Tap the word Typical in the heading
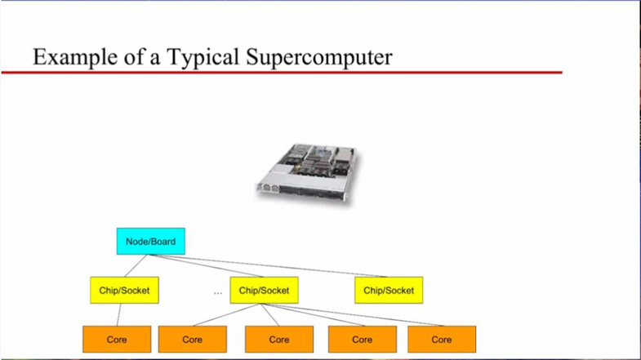pyautogui.click(x=203, y=57)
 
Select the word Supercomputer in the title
pyautogui.click(x=319, y=57)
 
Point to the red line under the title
pyautogui.click(x=282, y=73)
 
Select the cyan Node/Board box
pyautogui.click(x=151, y=241)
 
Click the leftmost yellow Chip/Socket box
pyautogui.click(x=124, y=290)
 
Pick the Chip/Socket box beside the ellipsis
pyautogui.click(x=264, y=290)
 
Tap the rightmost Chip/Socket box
pyautogui.click(x=389, y=290)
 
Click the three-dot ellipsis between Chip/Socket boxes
pyautogui.click(x=218, y=293)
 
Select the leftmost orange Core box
pyautogui.click(x=117, y=339)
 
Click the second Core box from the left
pyautogui.click(x=193, y=339)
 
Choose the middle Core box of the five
pyautogui.click(x=279, y=339)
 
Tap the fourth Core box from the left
pyautogui.click(x=363, y=339)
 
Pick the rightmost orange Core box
pyautogui.click(x=442, y=339)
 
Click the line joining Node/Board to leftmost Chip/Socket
pyautogui.click(x=136, y=265)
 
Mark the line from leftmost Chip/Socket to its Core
pyautogui.click(x=119, y=314)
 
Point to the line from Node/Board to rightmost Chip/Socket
pyautogui.click(x=267, y=265)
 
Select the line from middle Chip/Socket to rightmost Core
pyautogui.click(x=352, y=314)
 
